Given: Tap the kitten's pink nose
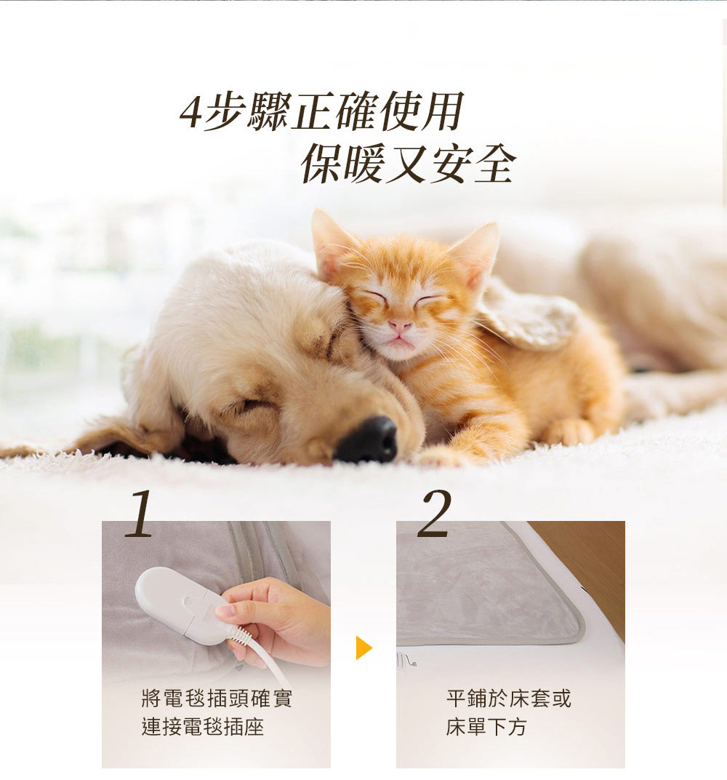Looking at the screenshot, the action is (400, 326).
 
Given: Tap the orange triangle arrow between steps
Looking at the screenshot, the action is (363, 648).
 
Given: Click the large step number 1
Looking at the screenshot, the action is (140, 514).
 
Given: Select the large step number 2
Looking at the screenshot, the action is (435, 513).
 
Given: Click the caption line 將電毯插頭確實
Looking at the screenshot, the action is (217, 699).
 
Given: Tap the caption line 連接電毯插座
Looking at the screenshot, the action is (203, 727).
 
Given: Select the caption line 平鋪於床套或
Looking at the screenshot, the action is (508, 699).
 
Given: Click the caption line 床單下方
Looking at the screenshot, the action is (486, 727).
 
